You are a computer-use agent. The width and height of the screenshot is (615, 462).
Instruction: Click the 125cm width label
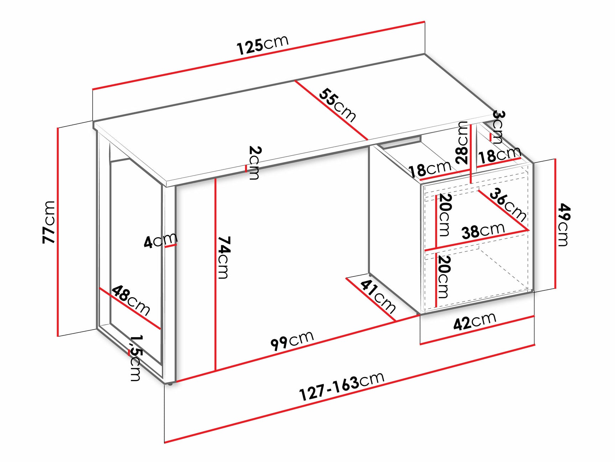click(x=263, y=45)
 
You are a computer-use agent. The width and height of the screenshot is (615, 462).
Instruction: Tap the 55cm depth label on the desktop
click(x=337, y=105)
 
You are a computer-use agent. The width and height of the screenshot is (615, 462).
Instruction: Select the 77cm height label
click(x=49, y=222)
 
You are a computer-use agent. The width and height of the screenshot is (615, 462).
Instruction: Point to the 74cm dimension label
click(x=224, y=257)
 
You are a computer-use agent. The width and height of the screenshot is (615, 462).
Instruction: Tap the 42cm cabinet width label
click(x=475, y=321)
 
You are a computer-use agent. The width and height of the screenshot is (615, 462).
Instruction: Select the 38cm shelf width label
click(x=483, y=230)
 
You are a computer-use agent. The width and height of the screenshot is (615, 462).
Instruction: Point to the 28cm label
click(x=462, y=142)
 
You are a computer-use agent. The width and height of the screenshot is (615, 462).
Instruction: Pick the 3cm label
click(x=498, y=127)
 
